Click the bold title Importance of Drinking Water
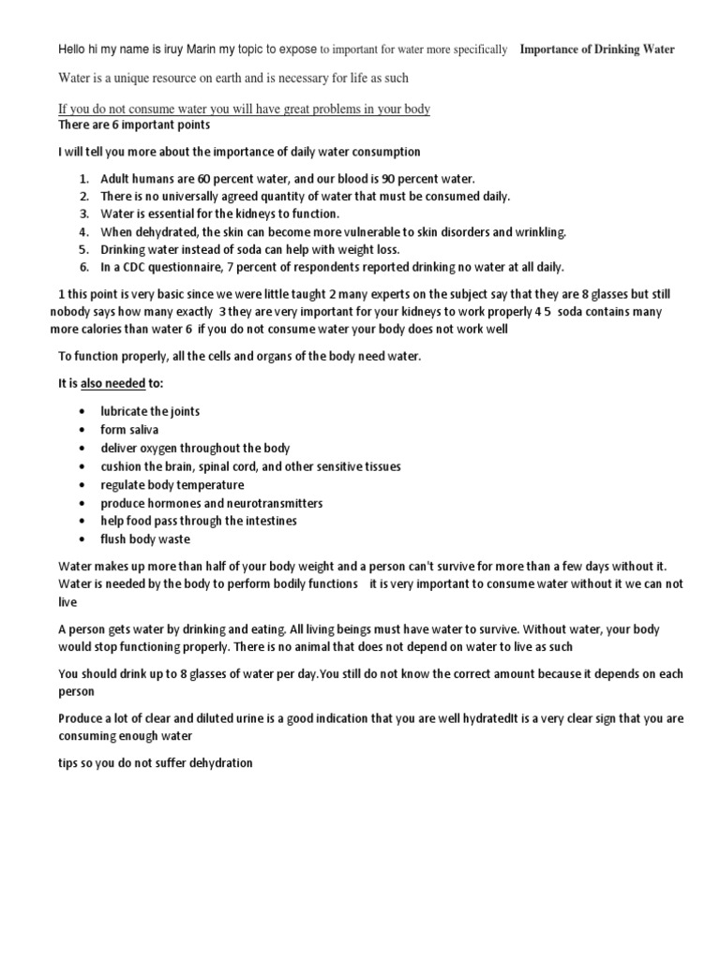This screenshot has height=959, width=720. click(596, 49)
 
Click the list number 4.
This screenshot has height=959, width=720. click(83, 231)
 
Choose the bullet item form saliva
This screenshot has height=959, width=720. click(129, 430)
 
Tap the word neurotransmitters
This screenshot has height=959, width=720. click(269, 503)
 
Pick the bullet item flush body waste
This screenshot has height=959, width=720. click(145, 539)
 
